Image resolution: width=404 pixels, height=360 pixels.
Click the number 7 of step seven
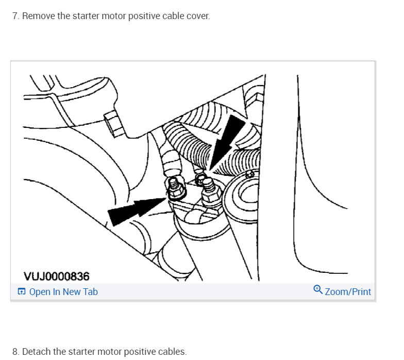pos(15,16)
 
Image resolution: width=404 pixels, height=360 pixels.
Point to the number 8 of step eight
pos(15,352)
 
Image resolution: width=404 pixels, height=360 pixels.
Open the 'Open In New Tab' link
pos(63,292)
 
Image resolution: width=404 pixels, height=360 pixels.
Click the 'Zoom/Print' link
pos(348,292)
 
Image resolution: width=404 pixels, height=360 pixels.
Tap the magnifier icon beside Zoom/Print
pos(318,290)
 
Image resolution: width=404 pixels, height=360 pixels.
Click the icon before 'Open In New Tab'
pos(21,292)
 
